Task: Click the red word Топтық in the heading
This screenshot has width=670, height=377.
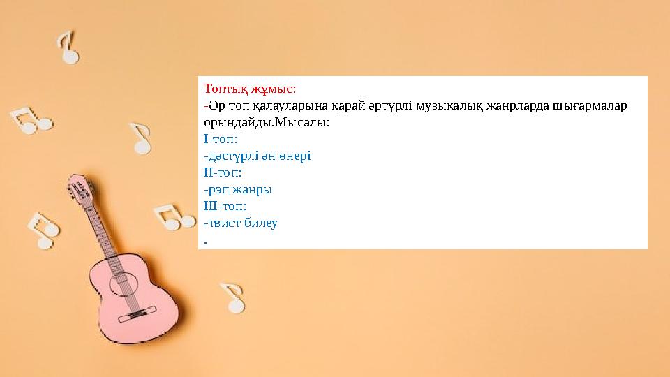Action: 224,89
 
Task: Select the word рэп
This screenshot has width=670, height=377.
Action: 218,189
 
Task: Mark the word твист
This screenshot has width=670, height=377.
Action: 224,223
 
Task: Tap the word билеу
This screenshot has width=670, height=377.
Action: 262,223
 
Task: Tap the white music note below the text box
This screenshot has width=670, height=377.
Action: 233,297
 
